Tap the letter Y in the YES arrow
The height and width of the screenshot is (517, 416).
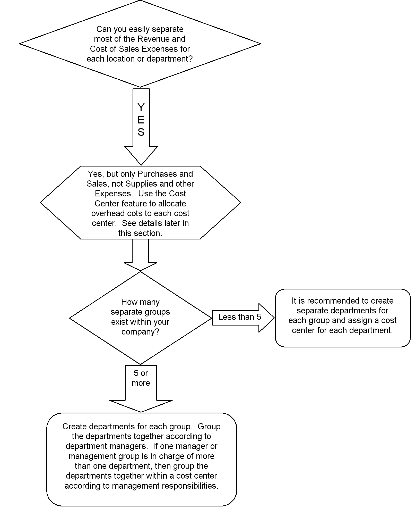click(141, 107)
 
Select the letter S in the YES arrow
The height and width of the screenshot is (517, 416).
click(141, 132)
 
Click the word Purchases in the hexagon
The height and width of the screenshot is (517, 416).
click(157, 174)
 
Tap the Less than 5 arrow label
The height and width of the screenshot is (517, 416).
click(240, 317)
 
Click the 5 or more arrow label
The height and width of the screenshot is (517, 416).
click(141, 378)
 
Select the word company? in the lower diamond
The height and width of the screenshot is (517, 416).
click(141, 332)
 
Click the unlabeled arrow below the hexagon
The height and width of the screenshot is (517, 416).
click(140, 255)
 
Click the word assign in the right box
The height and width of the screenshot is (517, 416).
click(369, 321)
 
